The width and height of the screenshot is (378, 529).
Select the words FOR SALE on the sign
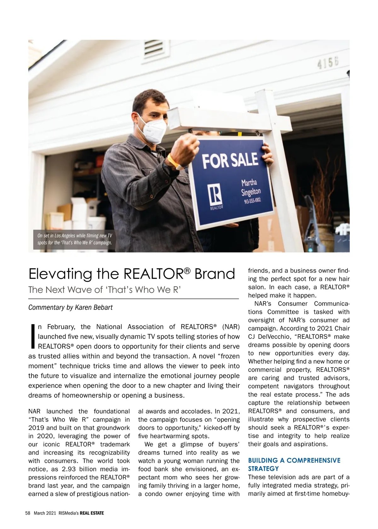[230, 160]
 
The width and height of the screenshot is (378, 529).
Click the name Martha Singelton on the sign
[250, 187]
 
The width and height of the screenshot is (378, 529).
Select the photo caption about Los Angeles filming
[75, 239]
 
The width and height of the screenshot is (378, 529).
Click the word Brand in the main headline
[215, 274]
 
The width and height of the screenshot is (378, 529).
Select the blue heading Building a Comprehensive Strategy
[294, 464]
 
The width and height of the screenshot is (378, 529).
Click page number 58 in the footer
[27, 513]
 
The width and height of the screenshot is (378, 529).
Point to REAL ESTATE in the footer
[92, 513]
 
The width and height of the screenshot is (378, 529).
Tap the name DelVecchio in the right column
[276, 337]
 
